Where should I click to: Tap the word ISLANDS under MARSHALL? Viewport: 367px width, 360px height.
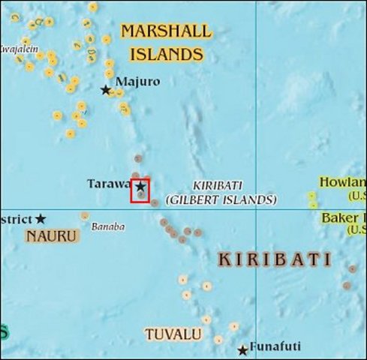tap(167, 54)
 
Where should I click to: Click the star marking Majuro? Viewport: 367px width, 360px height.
tap(106, 90)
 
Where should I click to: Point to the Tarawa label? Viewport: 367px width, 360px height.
tap(108, 183)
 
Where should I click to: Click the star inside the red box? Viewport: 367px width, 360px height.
tap(140, 185)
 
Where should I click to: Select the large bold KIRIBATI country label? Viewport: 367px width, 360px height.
tap(274, 259)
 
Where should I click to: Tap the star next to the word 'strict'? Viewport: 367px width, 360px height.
tap(41, 219)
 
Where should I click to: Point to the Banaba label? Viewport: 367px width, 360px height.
tap(108, 226)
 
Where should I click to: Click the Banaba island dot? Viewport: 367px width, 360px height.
tap(85, 216)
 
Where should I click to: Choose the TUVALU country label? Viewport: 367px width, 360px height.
tap(173, 334)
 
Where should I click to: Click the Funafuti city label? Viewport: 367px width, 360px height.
tap(275, 346)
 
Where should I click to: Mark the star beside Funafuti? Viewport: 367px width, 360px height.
tap(242, 350)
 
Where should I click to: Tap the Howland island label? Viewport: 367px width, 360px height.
tap(342, 182)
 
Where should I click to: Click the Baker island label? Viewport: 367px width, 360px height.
tap(344, 218)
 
